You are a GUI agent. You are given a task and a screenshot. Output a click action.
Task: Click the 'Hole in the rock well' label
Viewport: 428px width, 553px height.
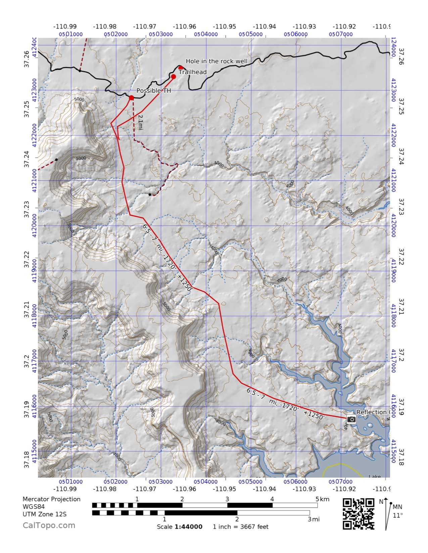click(x=217, y=61)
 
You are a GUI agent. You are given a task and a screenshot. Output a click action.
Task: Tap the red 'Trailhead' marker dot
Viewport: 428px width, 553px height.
click(x=174, y=77)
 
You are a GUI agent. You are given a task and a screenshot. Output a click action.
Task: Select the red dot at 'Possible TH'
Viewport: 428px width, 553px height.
click(x=132, y=98)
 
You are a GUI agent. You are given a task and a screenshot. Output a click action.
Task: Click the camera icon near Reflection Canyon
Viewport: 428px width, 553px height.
click(x=351, y=419)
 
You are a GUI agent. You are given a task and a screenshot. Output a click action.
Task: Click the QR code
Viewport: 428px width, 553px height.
click(x=358, y=514)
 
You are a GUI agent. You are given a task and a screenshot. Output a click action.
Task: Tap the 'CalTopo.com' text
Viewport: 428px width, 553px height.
click(x=49, y=525)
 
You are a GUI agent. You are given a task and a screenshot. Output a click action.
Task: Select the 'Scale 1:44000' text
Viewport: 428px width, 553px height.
click(x=180, y=527)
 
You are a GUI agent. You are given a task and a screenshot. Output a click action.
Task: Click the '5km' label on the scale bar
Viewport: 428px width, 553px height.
click(x=322, y=499)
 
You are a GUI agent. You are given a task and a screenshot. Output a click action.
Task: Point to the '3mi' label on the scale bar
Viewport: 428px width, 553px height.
click(x=314, y=519)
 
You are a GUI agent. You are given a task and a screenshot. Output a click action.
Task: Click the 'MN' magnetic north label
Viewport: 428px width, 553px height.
click(x=397, y=507)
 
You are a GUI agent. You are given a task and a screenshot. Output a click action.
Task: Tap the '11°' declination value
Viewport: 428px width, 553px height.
click(x=397, y=515)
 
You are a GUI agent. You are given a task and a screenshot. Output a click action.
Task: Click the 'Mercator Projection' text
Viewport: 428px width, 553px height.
click(x=51, y=499)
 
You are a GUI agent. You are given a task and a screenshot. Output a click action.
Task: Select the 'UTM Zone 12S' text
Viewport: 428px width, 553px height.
click(x=44, y=514)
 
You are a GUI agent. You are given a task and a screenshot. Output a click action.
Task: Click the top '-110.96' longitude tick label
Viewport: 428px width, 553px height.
click(x=184, y=26)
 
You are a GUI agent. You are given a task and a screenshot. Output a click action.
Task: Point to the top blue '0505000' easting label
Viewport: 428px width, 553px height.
click(x=250, y=34)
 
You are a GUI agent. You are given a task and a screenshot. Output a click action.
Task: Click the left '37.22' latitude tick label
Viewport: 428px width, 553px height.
click(x=27, y=259)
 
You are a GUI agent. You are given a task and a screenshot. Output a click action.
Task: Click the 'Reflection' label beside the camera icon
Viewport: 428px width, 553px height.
click(x=371, y=412)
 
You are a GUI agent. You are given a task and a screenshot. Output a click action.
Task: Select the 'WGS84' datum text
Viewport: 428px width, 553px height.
click(x=34, y=507)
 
